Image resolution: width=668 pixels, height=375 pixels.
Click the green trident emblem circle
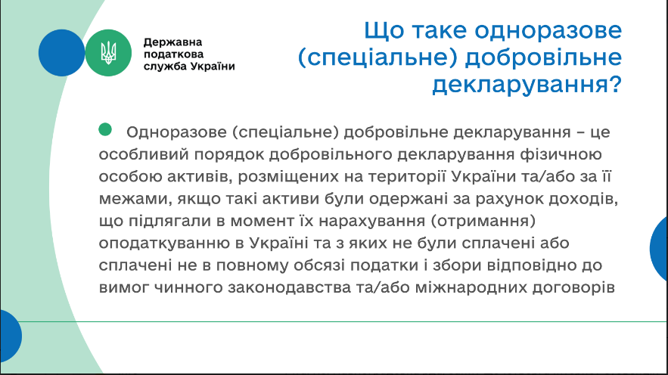pos(108,53)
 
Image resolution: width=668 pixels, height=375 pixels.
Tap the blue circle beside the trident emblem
pos(61,53)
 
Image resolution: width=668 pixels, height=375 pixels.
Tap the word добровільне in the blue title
pos(543,57)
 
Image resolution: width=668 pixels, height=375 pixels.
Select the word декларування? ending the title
pos(527,84)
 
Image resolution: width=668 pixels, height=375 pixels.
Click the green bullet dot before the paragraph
pos(105,129)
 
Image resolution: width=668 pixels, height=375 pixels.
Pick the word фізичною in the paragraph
pos(561,154)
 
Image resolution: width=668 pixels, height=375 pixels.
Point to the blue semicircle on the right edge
pos(659,249)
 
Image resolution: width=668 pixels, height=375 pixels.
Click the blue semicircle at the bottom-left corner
pos(11,336)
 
